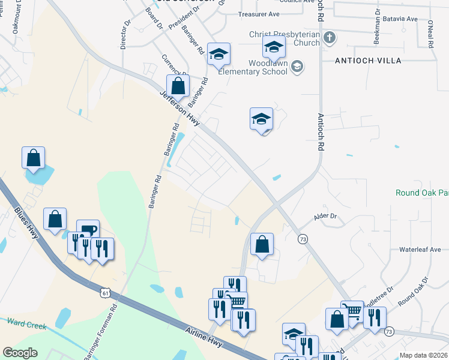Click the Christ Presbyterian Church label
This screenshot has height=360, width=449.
coord(285,39)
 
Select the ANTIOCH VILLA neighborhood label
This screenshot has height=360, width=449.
coord(368,61)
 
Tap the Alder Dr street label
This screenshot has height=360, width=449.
coord(326,216)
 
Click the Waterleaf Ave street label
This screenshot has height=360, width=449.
coord(420,250)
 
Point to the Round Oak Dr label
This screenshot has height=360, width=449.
coord(414,290)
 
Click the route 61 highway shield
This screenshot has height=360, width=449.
coord(106,293)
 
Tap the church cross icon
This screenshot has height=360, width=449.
coord(329,38)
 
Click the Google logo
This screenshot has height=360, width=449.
coord(20,352)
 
